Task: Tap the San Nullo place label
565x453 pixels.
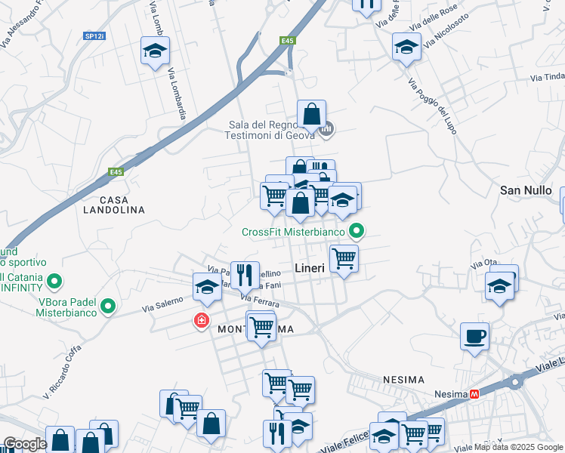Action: (x=526, y=190)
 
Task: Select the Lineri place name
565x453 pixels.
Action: (x=309, y=268)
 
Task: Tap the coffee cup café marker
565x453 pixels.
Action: (x=474, y=336)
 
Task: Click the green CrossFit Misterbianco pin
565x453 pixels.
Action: (x=357, y=232)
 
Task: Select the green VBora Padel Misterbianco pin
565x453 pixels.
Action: (x=108, y=307)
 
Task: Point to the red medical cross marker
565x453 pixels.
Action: (x=201, y=320)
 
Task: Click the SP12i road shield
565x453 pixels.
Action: (x=94, y=35)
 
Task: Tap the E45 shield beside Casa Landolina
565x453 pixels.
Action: (x=115, y=172)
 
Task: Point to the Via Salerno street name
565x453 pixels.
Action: (x=163, y=304)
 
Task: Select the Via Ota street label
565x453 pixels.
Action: (x=483, y=264)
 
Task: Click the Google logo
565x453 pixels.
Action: (x=25, y=444)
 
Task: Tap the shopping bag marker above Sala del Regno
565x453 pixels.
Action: (x=311, y=115)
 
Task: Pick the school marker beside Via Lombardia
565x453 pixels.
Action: (x=155, y=51)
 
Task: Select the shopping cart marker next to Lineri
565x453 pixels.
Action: (x=344, y=258)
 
